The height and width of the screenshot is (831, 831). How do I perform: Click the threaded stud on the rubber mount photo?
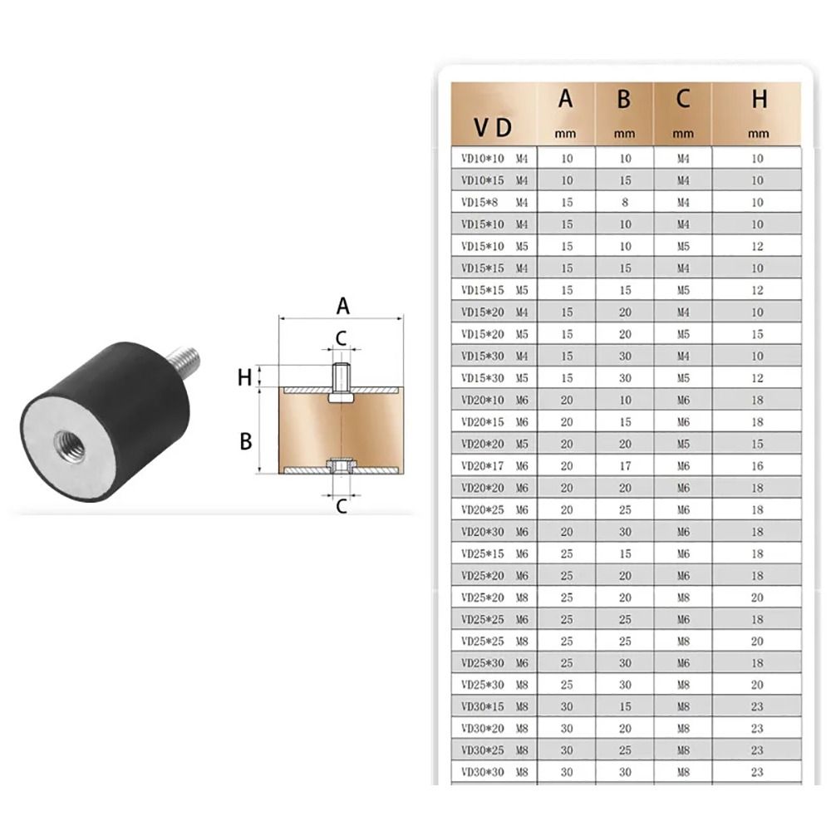(x=184, y=360)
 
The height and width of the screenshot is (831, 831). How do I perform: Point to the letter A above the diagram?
(x=342, y=307)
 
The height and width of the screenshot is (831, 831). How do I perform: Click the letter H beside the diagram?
(x=244, y=377)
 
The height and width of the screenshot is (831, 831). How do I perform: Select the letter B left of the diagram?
(x=245, y=441)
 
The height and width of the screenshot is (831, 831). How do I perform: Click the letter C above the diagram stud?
(x=341, y=337)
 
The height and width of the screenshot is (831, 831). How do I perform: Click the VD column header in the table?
(x=494, y=128)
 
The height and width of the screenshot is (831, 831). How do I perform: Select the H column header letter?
(x=758, y=100)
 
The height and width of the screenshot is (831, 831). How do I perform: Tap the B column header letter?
(x=624, y=100)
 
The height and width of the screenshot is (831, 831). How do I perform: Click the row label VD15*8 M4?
(x=494, y=202)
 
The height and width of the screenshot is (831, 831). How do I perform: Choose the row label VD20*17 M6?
(x=494, y=466)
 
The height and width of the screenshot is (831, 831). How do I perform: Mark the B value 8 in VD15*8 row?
(x=624, y=202)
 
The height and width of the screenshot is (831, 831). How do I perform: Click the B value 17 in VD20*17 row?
(x=624, y=466)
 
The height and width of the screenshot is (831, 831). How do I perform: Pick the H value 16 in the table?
(x=757, y=466)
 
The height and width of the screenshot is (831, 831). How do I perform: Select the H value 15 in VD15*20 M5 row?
(x=757, y=334)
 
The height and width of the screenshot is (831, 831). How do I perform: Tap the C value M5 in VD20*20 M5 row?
(x=683, y=444)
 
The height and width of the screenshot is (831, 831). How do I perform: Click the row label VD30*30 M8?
(x=494, y=772)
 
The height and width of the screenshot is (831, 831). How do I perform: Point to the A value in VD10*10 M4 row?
(x=567, y=158)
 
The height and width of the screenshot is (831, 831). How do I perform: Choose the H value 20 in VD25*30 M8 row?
(x=757, y=684)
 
